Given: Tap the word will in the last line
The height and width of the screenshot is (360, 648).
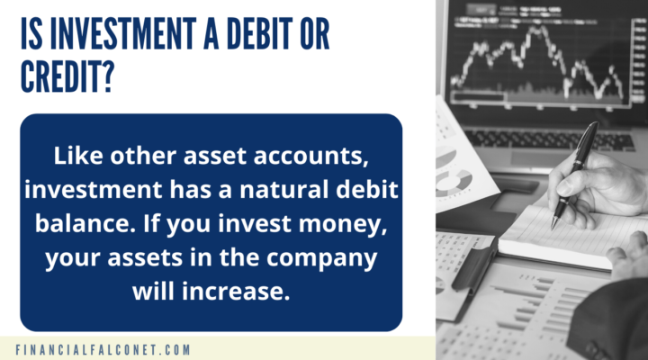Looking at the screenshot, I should (153, 290).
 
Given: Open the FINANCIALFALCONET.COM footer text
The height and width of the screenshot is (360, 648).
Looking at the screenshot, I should (103, 348).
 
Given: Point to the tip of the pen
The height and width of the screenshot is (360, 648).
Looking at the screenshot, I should (554, 225).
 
